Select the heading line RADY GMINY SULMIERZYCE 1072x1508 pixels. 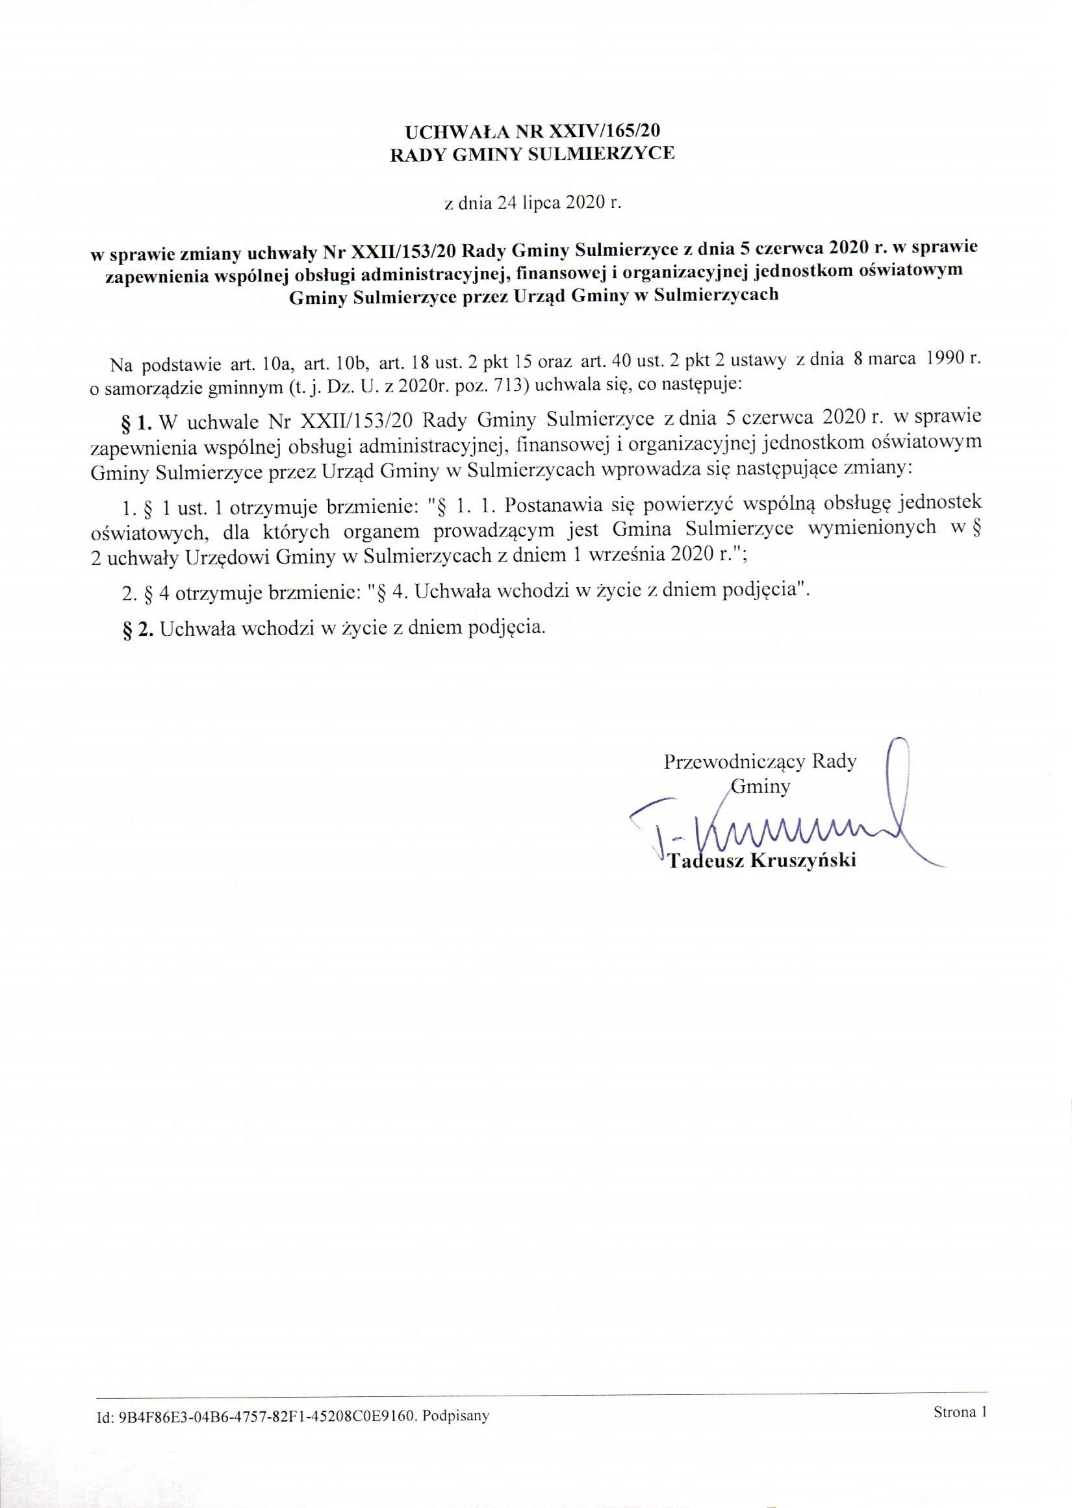[533, 155]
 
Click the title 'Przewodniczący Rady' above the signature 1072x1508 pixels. [759, 762]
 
